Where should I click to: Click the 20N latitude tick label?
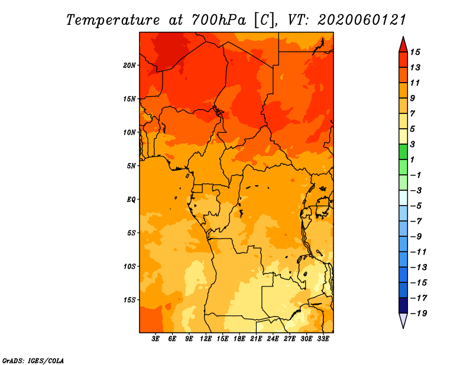click(129, 66)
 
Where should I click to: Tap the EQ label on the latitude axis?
click(131, 200)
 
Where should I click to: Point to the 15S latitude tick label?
click(129, 300)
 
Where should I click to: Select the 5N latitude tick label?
click(131, 166)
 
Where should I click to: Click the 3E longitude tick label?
click(155, 339)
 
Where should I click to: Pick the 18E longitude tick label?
click(239, 339)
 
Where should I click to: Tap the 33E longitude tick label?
click(323, 339)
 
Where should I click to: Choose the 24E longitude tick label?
click(273, 339)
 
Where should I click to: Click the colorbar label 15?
click(415, 52)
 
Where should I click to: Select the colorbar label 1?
click(412, 159)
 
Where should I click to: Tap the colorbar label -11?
click(419, 252)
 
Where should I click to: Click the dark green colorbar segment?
click(403, 152)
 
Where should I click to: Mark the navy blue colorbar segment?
click(403, 305)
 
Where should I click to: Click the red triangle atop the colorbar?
click(403, 45)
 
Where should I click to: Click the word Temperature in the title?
click(113, 20)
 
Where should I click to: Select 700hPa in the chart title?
click(218, 20)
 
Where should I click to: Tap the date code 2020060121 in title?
click(362, 20)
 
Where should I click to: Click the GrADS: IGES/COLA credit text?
click(33, 361)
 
